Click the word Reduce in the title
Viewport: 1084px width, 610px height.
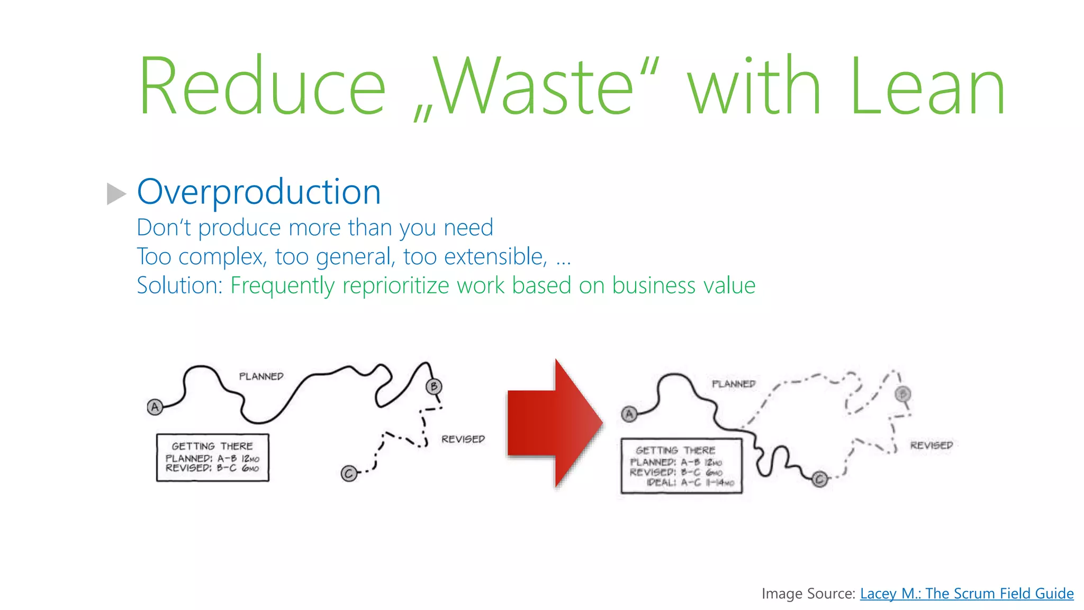[x=262, y=86]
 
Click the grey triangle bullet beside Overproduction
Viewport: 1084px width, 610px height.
[x=116, y=194]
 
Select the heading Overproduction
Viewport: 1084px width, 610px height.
[x=259, y=192]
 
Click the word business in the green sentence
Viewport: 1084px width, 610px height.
[x=654, y=285]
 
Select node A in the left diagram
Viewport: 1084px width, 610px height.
[x=155, y=407]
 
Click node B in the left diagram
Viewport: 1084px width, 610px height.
[x=434, y=387]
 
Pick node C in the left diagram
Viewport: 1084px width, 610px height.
[x=348, y=473]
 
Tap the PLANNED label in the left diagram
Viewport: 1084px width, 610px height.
[x=261, y=376]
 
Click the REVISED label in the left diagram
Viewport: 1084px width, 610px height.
[x=463, y=439]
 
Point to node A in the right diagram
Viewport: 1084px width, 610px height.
[x=629, y=414]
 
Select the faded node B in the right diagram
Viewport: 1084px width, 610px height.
[x=903, y=394]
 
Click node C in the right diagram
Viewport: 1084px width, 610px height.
[x=820, y=480]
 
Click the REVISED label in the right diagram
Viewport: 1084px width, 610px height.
[x=931, y=446]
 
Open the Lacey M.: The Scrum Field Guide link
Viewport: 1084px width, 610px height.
[x=966, y=594]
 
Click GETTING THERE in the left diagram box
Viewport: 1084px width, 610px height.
[x=212, y=446]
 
